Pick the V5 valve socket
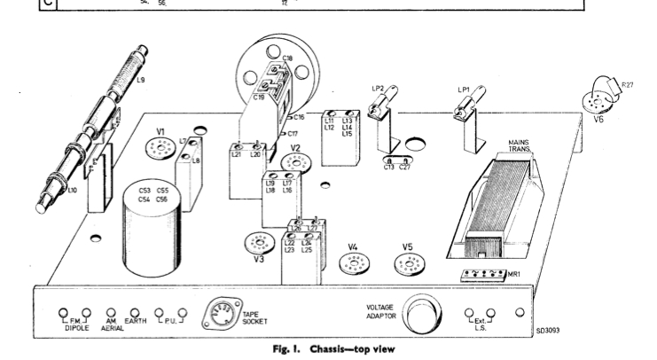pos(407,264)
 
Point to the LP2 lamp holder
pos(386,112)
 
